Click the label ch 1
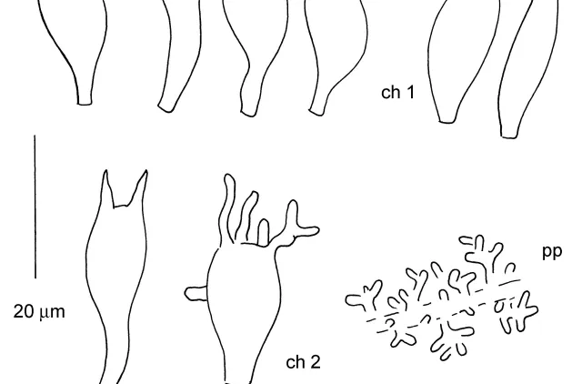397,92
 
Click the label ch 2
303,362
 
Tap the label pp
552,252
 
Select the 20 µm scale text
39,311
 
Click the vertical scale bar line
35,207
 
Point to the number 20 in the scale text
24,311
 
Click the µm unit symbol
53,313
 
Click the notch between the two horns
120,206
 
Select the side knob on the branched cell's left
196,294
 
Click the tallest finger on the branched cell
227,208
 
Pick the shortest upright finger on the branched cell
263,232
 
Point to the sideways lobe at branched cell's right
307,231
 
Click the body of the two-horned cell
115,268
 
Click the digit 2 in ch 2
315,362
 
